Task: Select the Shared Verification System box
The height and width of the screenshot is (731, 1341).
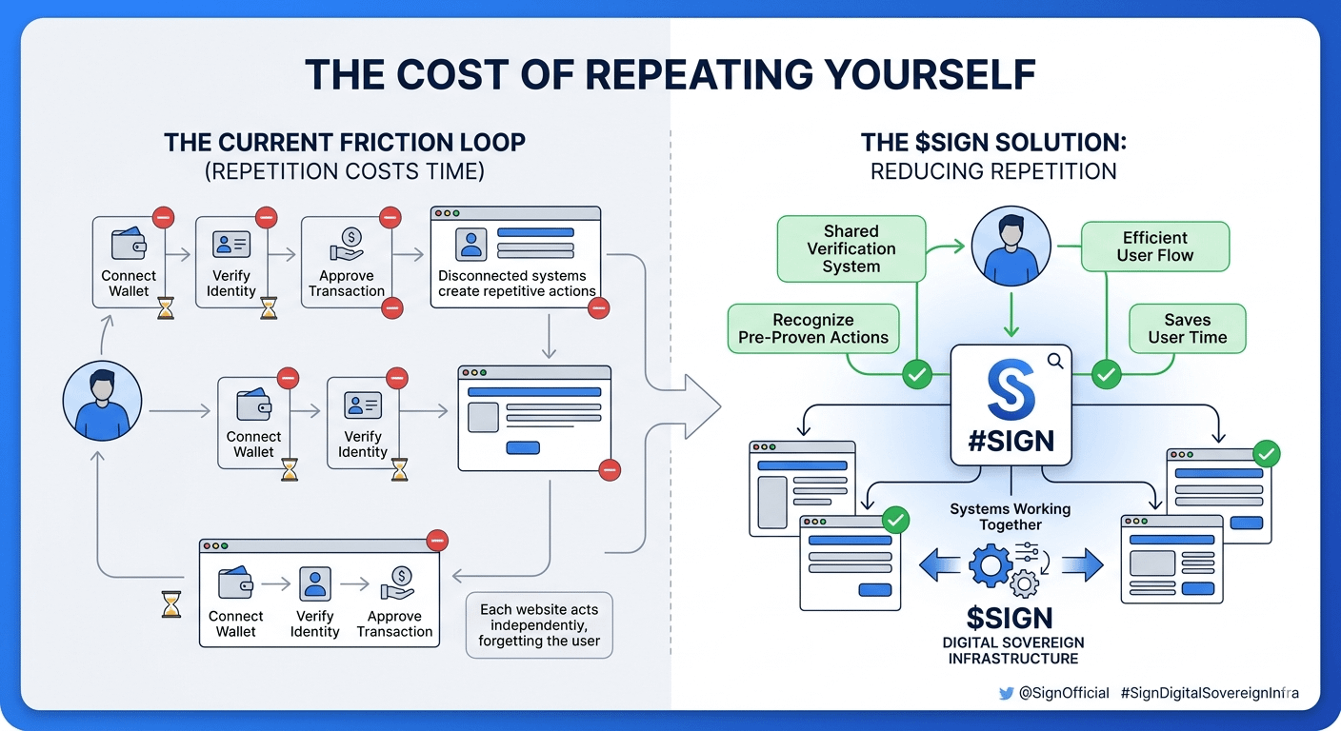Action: coord(851,248)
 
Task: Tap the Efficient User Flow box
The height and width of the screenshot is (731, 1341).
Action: coord(1154,247)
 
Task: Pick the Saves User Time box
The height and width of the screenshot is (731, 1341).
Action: coord(1187,328)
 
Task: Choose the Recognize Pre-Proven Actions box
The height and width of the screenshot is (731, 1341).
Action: coord(812,328)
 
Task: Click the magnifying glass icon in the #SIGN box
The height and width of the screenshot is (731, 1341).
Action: coord(1054,361)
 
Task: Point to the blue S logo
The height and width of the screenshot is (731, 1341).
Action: coord(1010,391)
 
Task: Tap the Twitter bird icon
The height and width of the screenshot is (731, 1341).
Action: coord(1006,694)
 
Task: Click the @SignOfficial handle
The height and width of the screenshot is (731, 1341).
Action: coord(1064,694)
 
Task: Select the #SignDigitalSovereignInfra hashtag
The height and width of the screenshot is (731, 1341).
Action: coord(1210,694)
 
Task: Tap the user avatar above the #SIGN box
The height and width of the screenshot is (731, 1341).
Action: coord(1011,247)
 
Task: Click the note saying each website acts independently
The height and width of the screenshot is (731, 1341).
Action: coord(539,624)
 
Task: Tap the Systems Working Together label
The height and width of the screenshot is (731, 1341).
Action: coord(1010,517)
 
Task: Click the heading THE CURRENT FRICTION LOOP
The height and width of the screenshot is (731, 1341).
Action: coord(344,143)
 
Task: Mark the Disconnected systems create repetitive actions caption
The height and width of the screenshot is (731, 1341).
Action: coord(516,284)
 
